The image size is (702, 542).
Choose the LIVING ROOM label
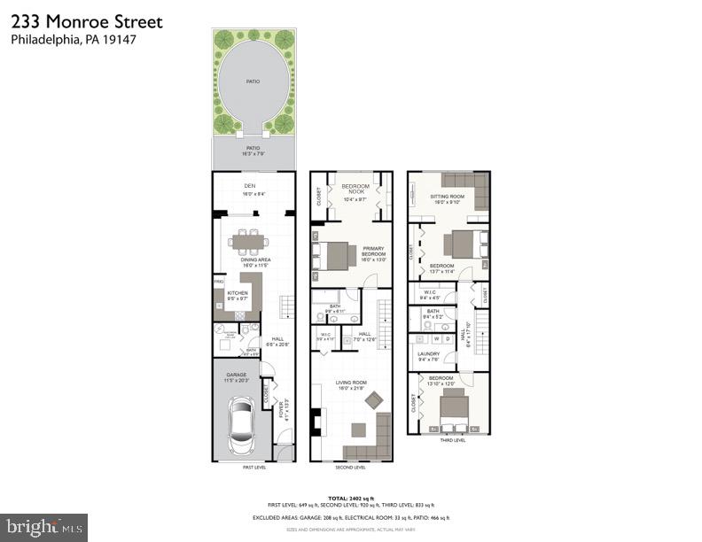pos(349,383)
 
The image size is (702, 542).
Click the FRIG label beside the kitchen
pos(218,283)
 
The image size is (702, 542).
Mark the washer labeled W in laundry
pos(435,338)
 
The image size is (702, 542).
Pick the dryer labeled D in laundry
pos(448,338)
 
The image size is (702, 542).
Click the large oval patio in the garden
pos(253,81)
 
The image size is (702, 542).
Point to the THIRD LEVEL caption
pos(451,439)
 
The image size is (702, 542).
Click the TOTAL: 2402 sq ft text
pos(350,499)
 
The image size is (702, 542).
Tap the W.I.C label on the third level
pos(429,291)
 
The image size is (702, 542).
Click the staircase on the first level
pos(285,307)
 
